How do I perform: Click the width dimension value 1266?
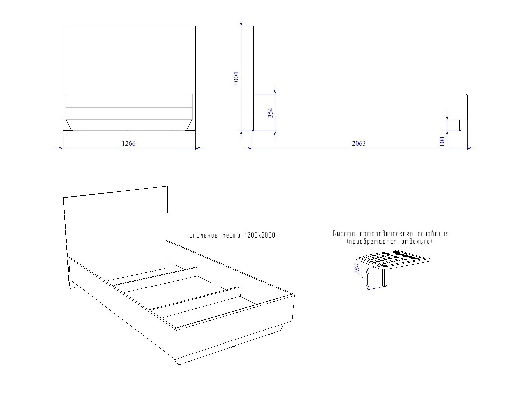point(129,143)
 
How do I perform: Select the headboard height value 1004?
point(236,79)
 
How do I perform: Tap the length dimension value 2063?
point(359,143)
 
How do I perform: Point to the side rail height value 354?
point(271,112)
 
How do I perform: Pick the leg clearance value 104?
point(442,142)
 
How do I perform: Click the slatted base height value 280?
point(357,269)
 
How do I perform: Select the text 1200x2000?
point(260,235)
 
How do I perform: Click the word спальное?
point(204,236)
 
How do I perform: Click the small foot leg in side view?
point(460,125)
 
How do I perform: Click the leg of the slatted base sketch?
point(385,278)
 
